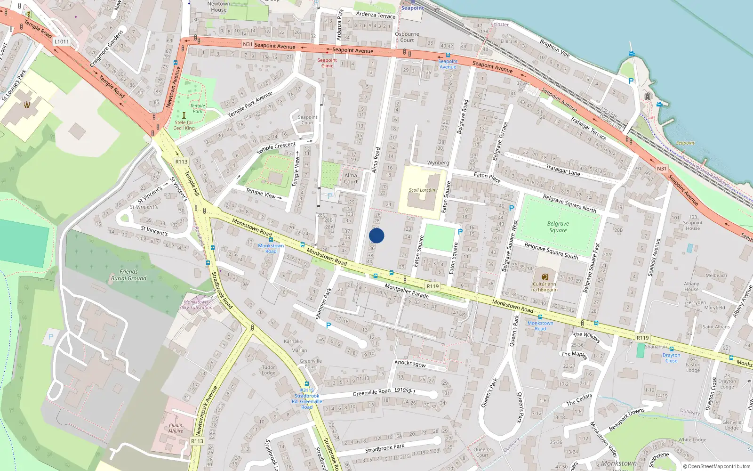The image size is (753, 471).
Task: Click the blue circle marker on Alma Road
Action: coord(376,235)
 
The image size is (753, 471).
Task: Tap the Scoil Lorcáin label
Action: coord(422,190)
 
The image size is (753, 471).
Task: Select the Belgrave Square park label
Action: coord(558,227)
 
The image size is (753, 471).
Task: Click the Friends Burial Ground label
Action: coord(128,275)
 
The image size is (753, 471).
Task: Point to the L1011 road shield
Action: coord(61,41)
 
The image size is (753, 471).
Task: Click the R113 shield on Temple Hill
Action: coord(181,162)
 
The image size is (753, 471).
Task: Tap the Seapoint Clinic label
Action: coord(327,63)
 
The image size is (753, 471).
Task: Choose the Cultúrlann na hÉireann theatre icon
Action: coord(545,276)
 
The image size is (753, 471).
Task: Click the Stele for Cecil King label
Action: coord(184,125)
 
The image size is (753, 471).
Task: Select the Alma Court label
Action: coord(351,178)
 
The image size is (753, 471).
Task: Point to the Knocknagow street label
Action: coord(410,364)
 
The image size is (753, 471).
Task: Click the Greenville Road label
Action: coord(371,392)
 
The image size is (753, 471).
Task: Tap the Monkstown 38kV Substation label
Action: coord(196,305)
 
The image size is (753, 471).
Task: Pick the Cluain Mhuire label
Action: coord(176,428)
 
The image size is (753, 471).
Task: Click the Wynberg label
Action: coord(438,162)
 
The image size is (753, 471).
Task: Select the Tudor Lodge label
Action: coord(268,370)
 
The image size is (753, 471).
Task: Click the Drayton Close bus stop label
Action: coord(671,358)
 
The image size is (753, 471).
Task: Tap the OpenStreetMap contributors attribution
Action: coord(717,466)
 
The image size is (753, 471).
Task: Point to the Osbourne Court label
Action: coord(407,37)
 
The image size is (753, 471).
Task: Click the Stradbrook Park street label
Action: coord(385,447)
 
